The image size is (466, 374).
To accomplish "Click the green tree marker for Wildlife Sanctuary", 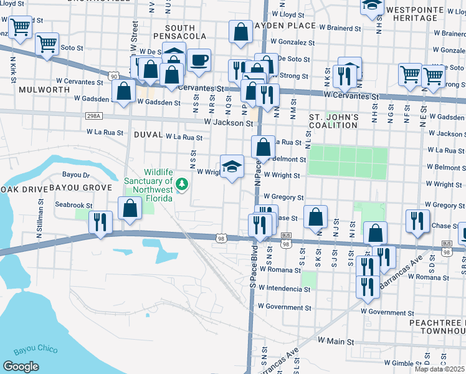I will click(x=182, y=184).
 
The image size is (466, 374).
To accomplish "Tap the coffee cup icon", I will click(x=199, y=60).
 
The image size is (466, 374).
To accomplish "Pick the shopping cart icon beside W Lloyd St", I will click(x=20, y=27).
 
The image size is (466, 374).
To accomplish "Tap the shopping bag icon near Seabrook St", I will click(x=130, y=209).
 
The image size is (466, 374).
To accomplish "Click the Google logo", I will click(x=21, y=367).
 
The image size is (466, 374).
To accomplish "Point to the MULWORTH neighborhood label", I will click(x=44, y=90).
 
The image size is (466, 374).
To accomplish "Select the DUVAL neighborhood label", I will click(x=148, y=135).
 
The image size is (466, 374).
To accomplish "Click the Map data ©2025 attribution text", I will click(x=439, y=369).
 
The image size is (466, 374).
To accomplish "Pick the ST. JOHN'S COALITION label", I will click(x=333, y=121).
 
